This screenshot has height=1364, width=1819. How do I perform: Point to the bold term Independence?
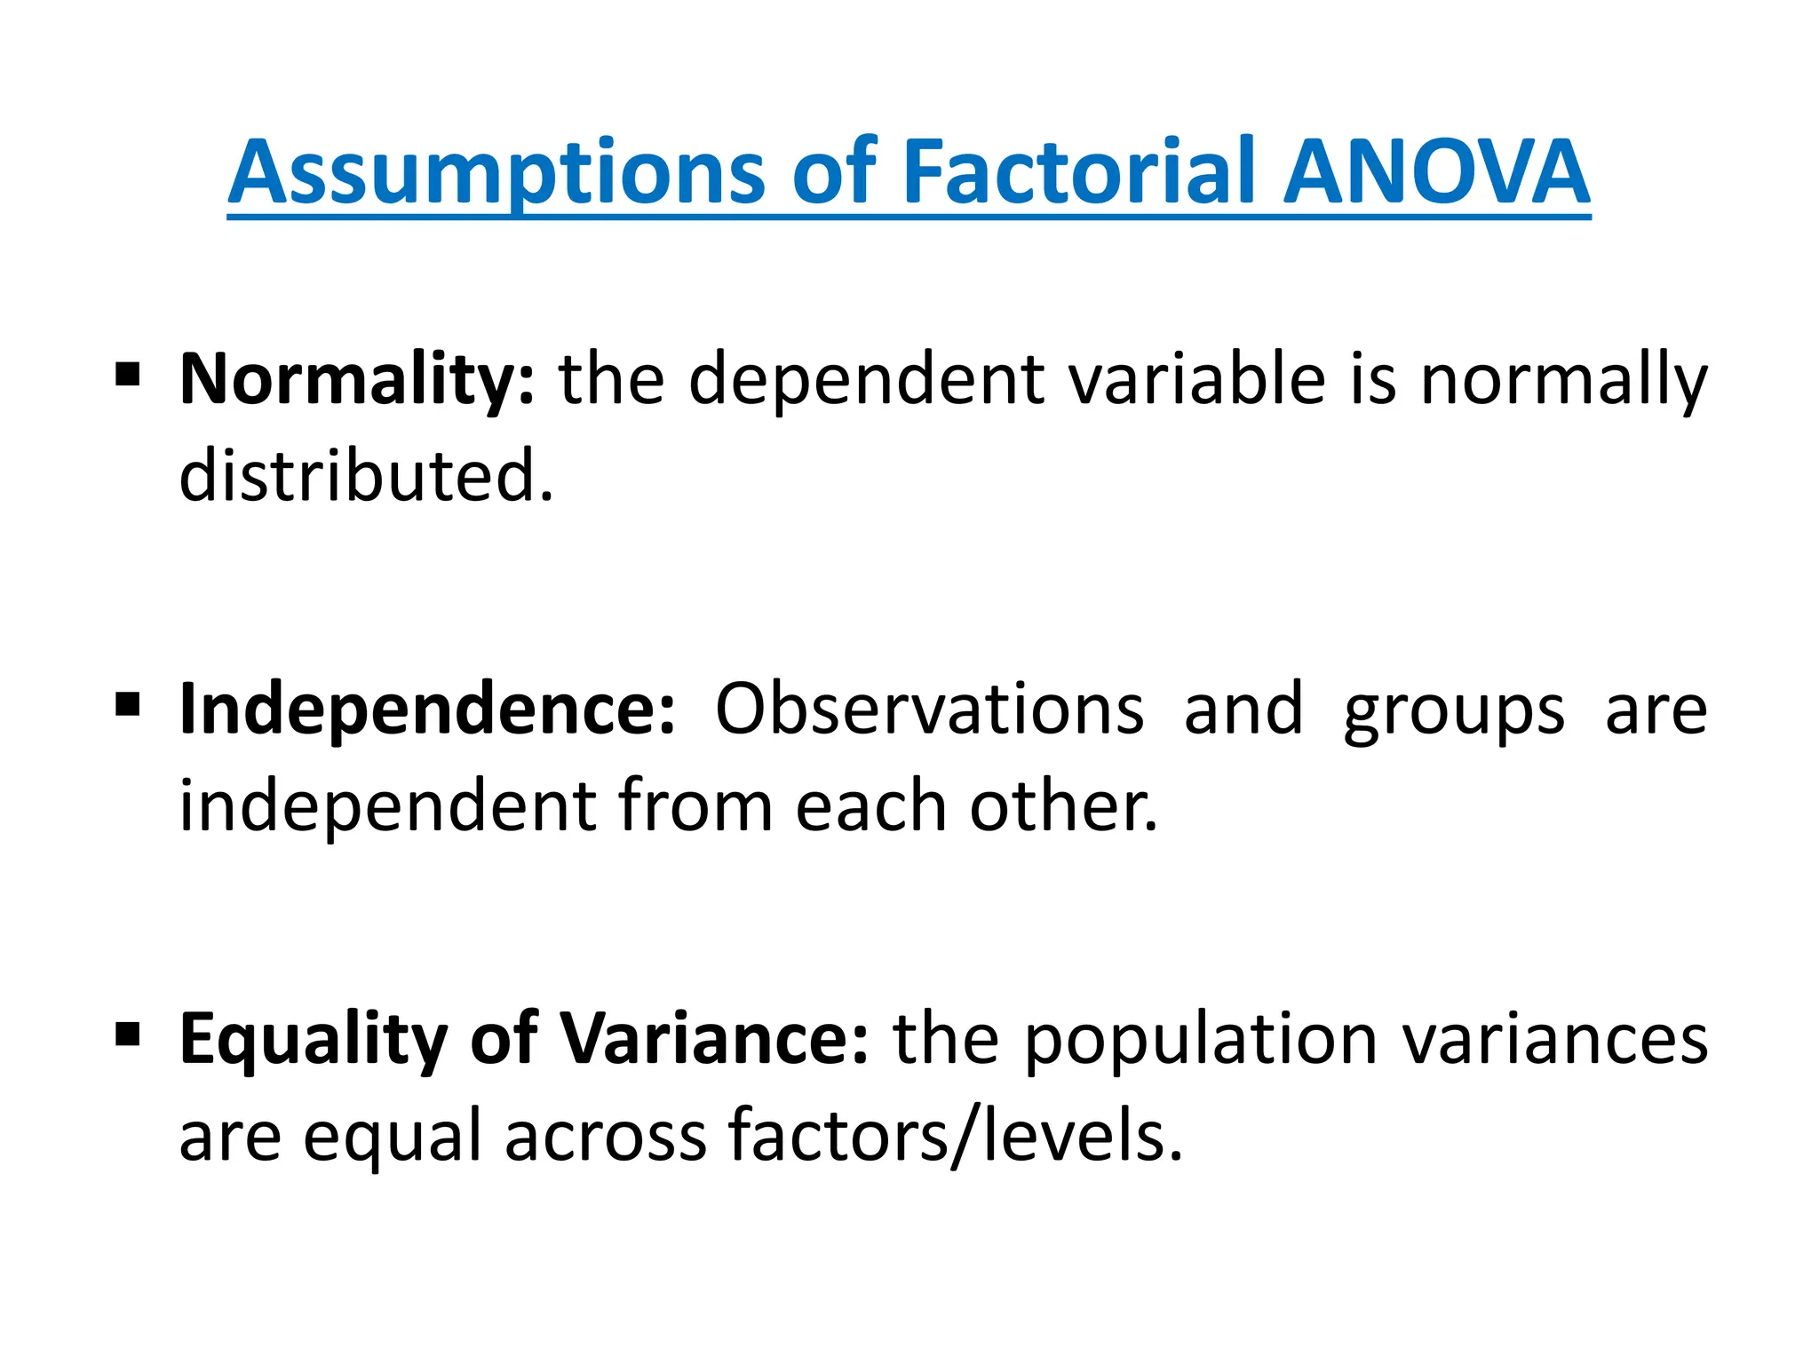(427, 710)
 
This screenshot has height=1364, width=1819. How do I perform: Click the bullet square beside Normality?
(128, 375)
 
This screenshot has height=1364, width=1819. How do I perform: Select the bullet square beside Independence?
(128, 704)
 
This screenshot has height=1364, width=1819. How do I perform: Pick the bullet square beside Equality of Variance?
(128, 1033)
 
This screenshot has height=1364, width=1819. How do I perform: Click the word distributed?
(366, 476)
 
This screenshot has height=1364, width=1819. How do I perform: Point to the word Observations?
(929, 710)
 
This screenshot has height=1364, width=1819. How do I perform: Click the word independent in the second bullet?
(388, 806)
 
